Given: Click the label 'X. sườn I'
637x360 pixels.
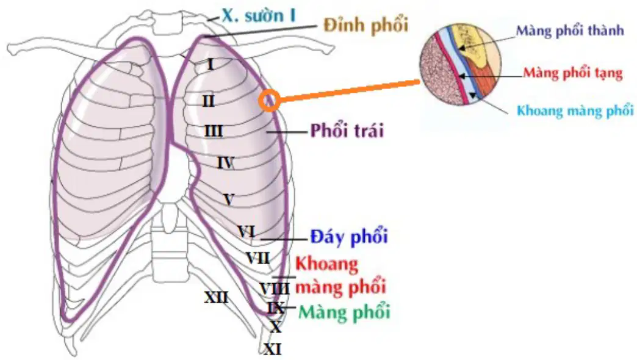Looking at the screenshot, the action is click(258, 16).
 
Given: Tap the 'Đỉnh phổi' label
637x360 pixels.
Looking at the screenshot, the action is click(365, 26).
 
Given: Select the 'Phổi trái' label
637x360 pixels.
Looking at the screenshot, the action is click(347, 131).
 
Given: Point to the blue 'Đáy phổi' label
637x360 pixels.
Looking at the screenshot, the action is click(349, 237).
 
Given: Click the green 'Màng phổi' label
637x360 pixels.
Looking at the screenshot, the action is click(345, 312).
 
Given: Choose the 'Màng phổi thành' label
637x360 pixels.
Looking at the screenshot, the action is click(569, 31).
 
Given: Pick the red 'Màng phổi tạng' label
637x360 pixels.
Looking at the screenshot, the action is click(572, 73).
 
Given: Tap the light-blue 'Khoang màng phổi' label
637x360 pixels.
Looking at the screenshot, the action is click(575, 110).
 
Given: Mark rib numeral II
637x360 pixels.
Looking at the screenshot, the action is click(209, 101).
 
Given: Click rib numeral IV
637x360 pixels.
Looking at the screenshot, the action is click(226, 163).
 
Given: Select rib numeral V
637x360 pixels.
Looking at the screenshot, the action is click(229, 200).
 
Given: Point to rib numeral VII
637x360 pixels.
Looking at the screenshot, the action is click(258, 258).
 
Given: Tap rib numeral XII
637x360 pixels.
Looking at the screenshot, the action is click(216, 298).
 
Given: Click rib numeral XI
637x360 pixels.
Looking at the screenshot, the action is click(273, 349).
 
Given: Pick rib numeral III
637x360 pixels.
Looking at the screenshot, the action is click(214, 132).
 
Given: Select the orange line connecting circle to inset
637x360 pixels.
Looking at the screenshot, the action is click(350, 91).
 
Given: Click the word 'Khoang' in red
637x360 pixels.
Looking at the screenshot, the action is click(326, 265).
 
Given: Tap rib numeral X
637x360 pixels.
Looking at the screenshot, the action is click(276, 326).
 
